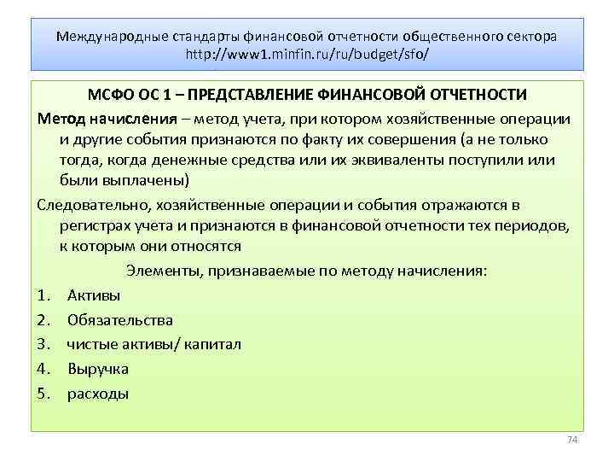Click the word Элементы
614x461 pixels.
(161, 271)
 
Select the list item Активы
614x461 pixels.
(93, 295)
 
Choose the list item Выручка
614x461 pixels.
(98, 370)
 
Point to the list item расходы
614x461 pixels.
(98, 394)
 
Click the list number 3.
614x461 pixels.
(43, 345)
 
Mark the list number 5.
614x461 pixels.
(43, 394)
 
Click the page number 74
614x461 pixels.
(572, 440)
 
